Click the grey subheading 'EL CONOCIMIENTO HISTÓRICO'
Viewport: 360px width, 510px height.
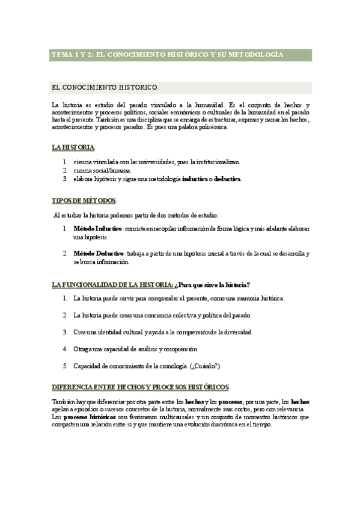[x=106, y=87]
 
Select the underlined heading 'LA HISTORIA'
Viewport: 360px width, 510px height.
[x=73, y=147]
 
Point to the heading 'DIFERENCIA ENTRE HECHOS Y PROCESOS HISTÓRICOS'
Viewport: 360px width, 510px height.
[x=141, y=387]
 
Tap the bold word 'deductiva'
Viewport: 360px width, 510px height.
[x=227, y=179]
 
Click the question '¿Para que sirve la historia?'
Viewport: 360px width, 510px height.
[x=213, y=284]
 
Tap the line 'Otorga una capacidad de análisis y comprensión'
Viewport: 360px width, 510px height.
[x=135, y=349]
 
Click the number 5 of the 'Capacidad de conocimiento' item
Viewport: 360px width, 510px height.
[x=65, y=366]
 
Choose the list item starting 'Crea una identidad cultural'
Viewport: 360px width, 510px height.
[x=162, y=332]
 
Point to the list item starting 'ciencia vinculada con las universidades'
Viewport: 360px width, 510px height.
[x=156, y=162]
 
